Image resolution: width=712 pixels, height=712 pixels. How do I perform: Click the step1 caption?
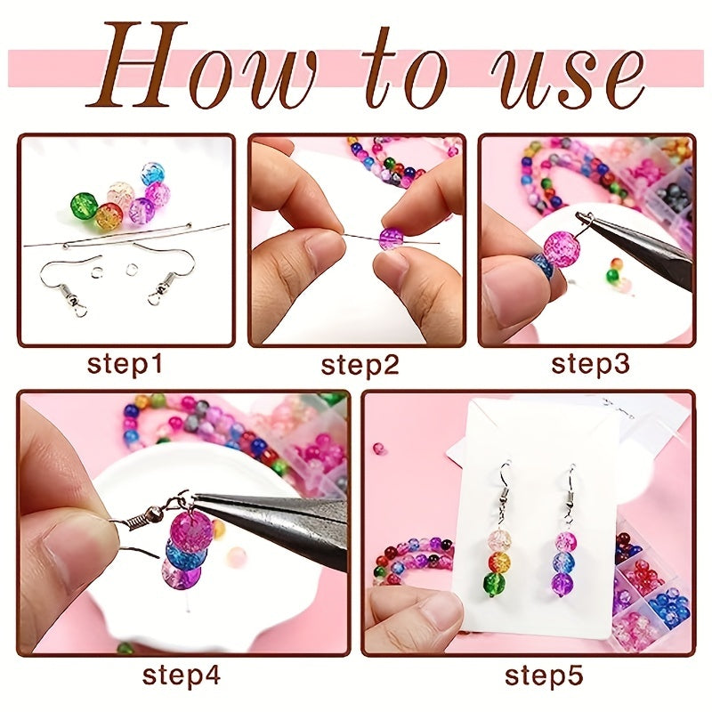click(125, 365)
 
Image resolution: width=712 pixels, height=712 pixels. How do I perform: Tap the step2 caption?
click(360, 366)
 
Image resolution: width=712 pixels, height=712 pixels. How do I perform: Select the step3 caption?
click(590, 365)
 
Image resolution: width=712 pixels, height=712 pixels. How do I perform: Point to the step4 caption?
click(182, 676)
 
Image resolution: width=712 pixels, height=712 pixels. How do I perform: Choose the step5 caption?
click(544, 676)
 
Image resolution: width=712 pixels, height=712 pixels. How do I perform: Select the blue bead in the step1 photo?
click(152, 174)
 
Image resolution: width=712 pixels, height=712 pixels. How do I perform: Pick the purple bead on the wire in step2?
click(391, 239)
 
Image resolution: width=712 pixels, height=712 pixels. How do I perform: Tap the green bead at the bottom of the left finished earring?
click(496, 585)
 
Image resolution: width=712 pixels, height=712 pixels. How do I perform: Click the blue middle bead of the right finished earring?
click(564, 562)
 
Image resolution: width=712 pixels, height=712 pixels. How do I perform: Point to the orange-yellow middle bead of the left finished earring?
click(498, 562)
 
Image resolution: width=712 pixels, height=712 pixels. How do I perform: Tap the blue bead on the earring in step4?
click(186, 553)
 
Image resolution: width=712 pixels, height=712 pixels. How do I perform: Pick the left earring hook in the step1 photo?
click(69, 281)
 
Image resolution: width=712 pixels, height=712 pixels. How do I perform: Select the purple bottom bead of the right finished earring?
click(563, 584)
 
